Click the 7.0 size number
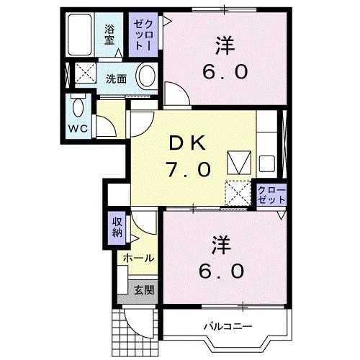[189, 169]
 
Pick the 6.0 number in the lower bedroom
[221, 271]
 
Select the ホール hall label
[137, 258]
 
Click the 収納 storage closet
[117, 228]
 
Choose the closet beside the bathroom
[140, 34]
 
